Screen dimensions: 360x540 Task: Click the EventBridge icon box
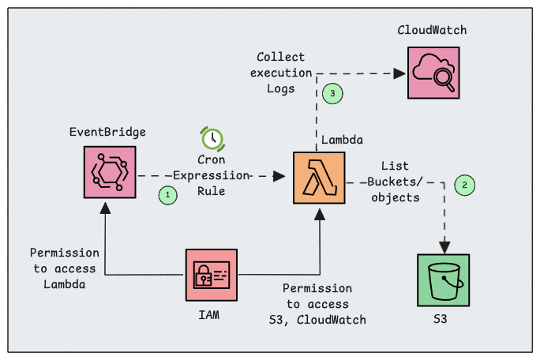pyautogui.click(x=110, y=172)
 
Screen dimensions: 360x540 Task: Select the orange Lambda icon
pyautogui.click(x=318, y=178)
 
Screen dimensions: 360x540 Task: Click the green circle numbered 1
pyautogui.click(x=167, y=193)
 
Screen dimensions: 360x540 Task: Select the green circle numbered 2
pyautogui.click(x=465, y=186)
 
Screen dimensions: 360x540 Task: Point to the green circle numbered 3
pyautogui.click(x=333, y=93)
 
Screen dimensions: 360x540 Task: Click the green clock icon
pyautogui.click(x=212, y=138)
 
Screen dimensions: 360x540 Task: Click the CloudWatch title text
pyautogui.click(x=432, y=30)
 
